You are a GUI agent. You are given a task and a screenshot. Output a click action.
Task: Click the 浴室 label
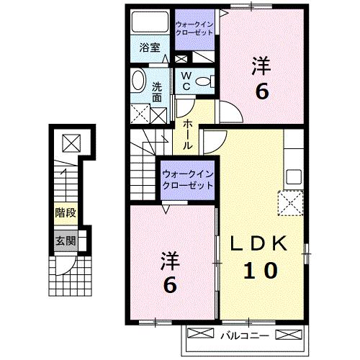click(149, 49)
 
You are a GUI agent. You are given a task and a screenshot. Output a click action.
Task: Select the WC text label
click(184, 80)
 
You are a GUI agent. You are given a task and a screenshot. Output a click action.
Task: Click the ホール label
click(187, 135)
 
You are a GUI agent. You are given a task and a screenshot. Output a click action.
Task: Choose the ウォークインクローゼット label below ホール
click(187, 179)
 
